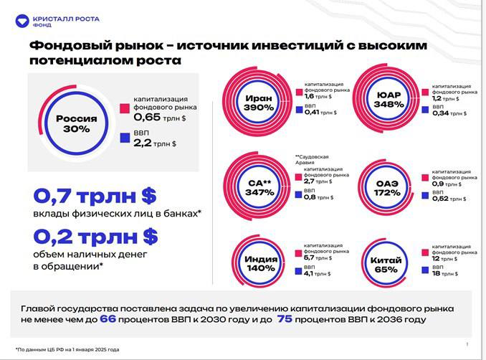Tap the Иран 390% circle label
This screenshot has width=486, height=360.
pyautogui.click(x=258, y=102)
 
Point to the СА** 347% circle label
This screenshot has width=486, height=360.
pyautogui.click(x=259, y=186)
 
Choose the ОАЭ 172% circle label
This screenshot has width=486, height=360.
pyautogui.click(x=388, y=188)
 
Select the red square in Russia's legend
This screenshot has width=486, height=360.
pyautogui.click(x=124, y=108)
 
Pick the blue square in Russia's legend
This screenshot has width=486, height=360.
pyautogui.click(x=124, y=137)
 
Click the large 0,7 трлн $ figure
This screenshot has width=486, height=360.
pyautogui.click(x=95, y=195)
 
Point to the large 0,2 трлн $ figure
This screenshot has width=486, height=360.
pyautogui.click(x=95, y=236)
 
